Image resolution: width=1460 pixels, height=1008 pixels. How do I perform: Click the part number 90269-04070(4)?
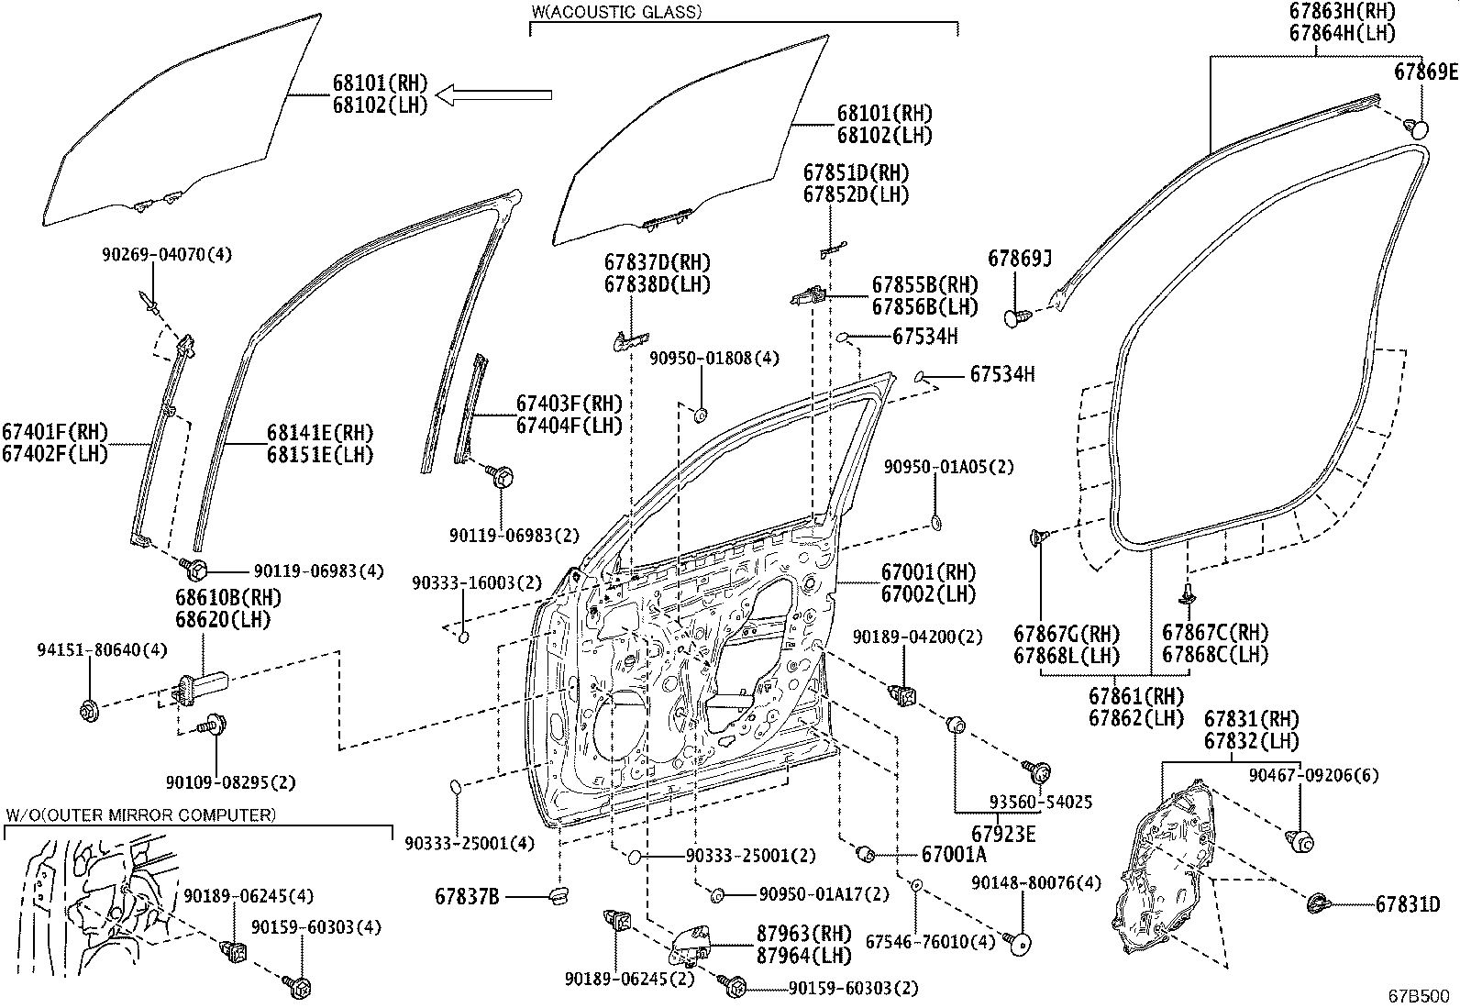153,254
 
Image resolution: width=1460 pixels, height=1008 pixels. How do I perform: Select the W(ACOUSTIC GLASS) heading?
616,12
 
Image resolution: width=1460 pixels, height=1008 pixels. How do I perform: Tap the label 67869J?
1019,260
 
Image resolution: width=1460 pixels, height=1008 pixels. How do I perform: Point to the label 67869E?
1425,72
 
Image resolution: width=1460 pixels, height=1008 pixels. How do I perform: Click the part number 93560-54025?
1041,802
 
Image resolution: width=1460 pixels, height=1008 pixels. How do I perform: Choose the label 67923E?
1003,834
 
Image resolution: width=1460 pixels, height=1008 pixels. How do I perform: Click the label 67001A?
954,855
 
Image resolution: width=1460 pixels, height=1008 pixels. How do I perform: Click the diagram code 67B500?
1418,995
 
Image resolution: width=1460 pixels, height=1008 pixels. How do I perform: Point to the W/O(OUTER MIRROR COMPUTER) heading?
140,814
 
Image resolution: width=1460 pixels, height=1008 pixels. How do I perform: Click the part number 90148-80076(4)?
1035,883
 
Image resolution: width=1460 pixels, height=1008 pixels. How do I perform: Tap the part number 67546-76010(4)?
929,942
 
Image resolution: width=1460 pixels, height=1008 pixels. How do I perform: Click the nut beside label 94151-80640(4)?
90,709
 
